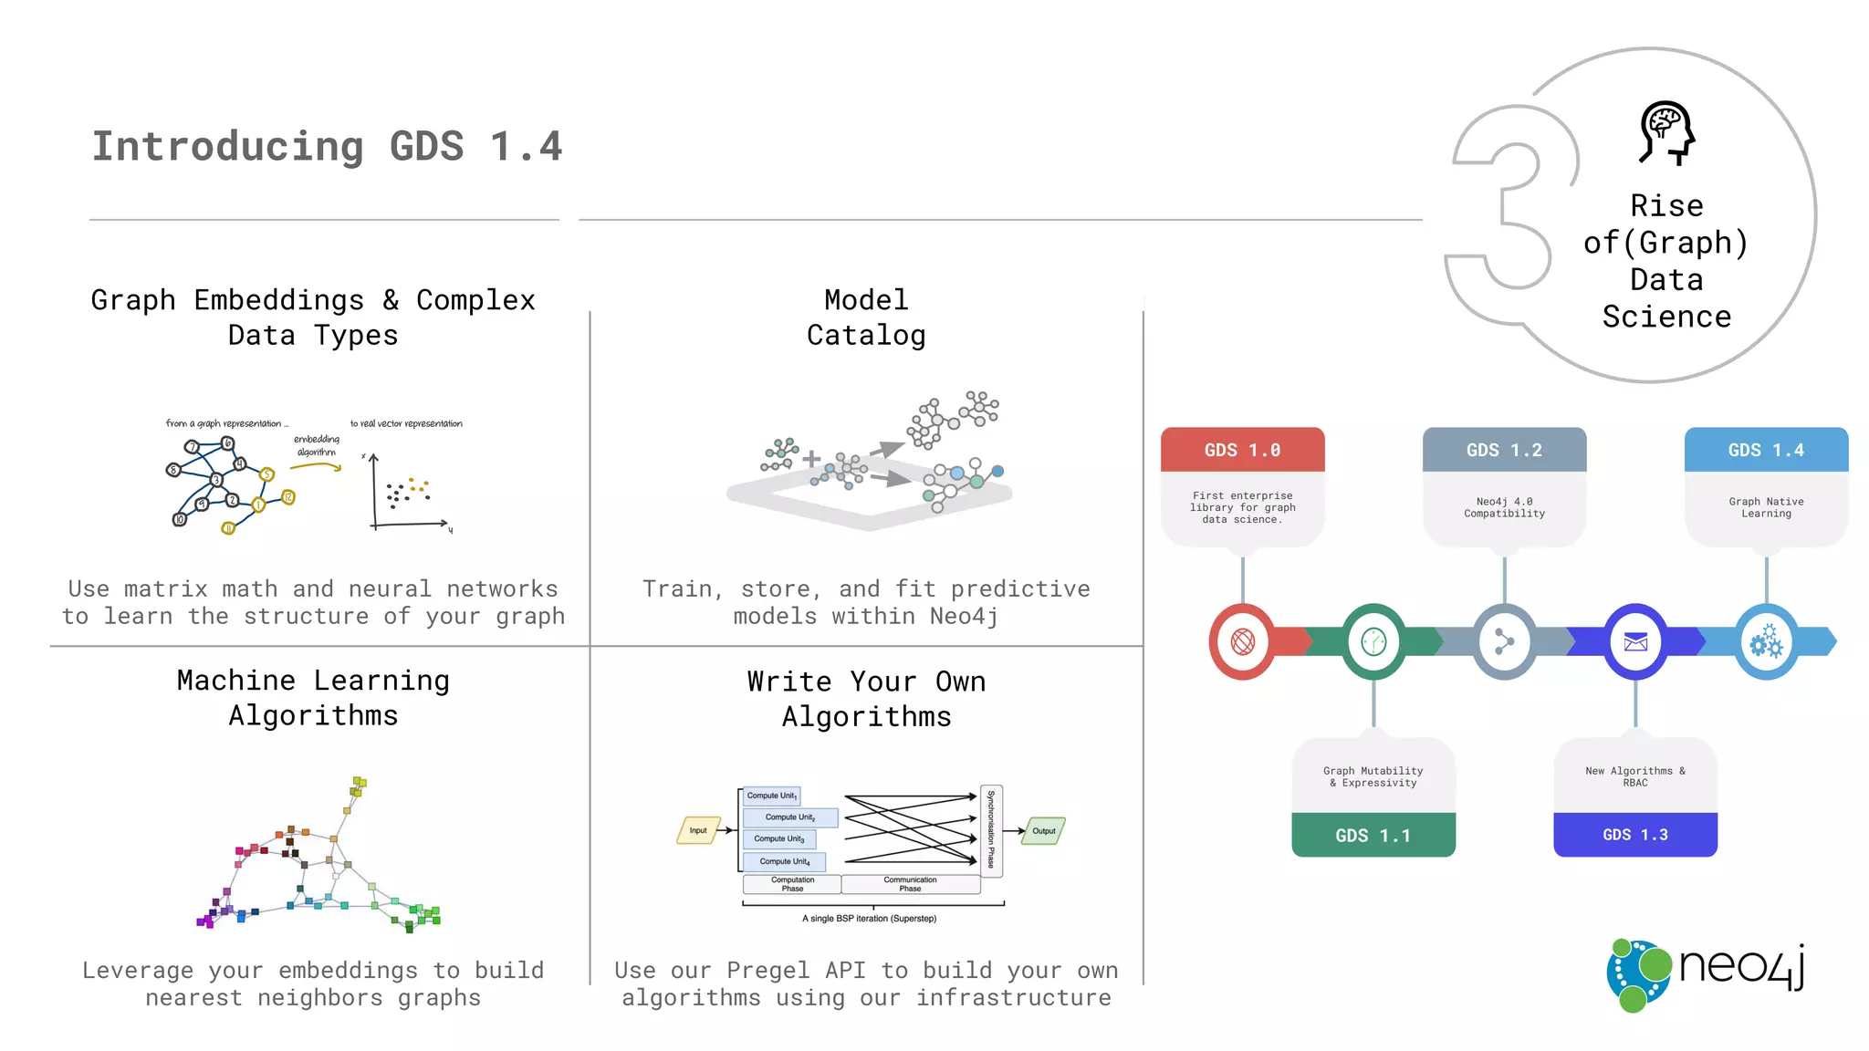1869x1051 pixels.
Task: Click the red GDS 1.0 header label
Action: (1242, 450)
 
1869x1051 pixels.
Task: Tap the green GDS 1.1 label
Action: (1373, 835)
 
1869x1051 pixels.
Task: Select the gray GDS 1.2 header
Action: (1504, 450)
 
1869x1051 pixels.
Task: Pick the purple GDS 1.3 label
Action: (1634, 835)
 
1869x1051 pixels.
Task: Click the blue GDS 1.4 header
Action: (1766, 450)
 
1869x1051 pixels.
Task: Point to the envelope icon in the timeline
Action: (1635, 642)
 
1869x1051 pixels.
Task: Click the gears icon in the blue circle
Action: (1766, 642)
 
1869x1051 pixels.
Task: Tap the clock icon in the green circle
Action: (1373, 642)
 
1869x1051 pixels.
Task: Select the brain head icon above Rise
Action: (1666, 133)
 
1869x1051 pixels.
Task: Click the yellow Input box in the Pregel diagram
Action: (698, 830)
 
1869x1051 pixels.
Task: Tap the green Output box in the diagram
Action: (1043, 830)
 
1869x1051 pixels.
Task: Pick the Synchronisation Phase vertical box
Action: (991, 830)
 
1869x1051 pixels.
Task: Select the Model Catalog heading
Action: (866, 317)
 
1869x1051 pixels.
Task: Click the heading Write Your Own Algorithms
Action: (866, 699)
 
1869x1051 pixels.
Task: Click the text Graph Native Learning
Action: (1766, 507)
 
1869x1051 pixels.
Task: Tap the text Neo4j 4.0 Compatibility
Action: (1504, 507)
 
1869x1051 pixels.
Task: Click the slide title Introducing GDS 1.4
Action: (327, 146)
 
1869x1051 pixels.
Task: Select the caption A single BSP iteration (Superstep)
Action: (869, 918)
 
